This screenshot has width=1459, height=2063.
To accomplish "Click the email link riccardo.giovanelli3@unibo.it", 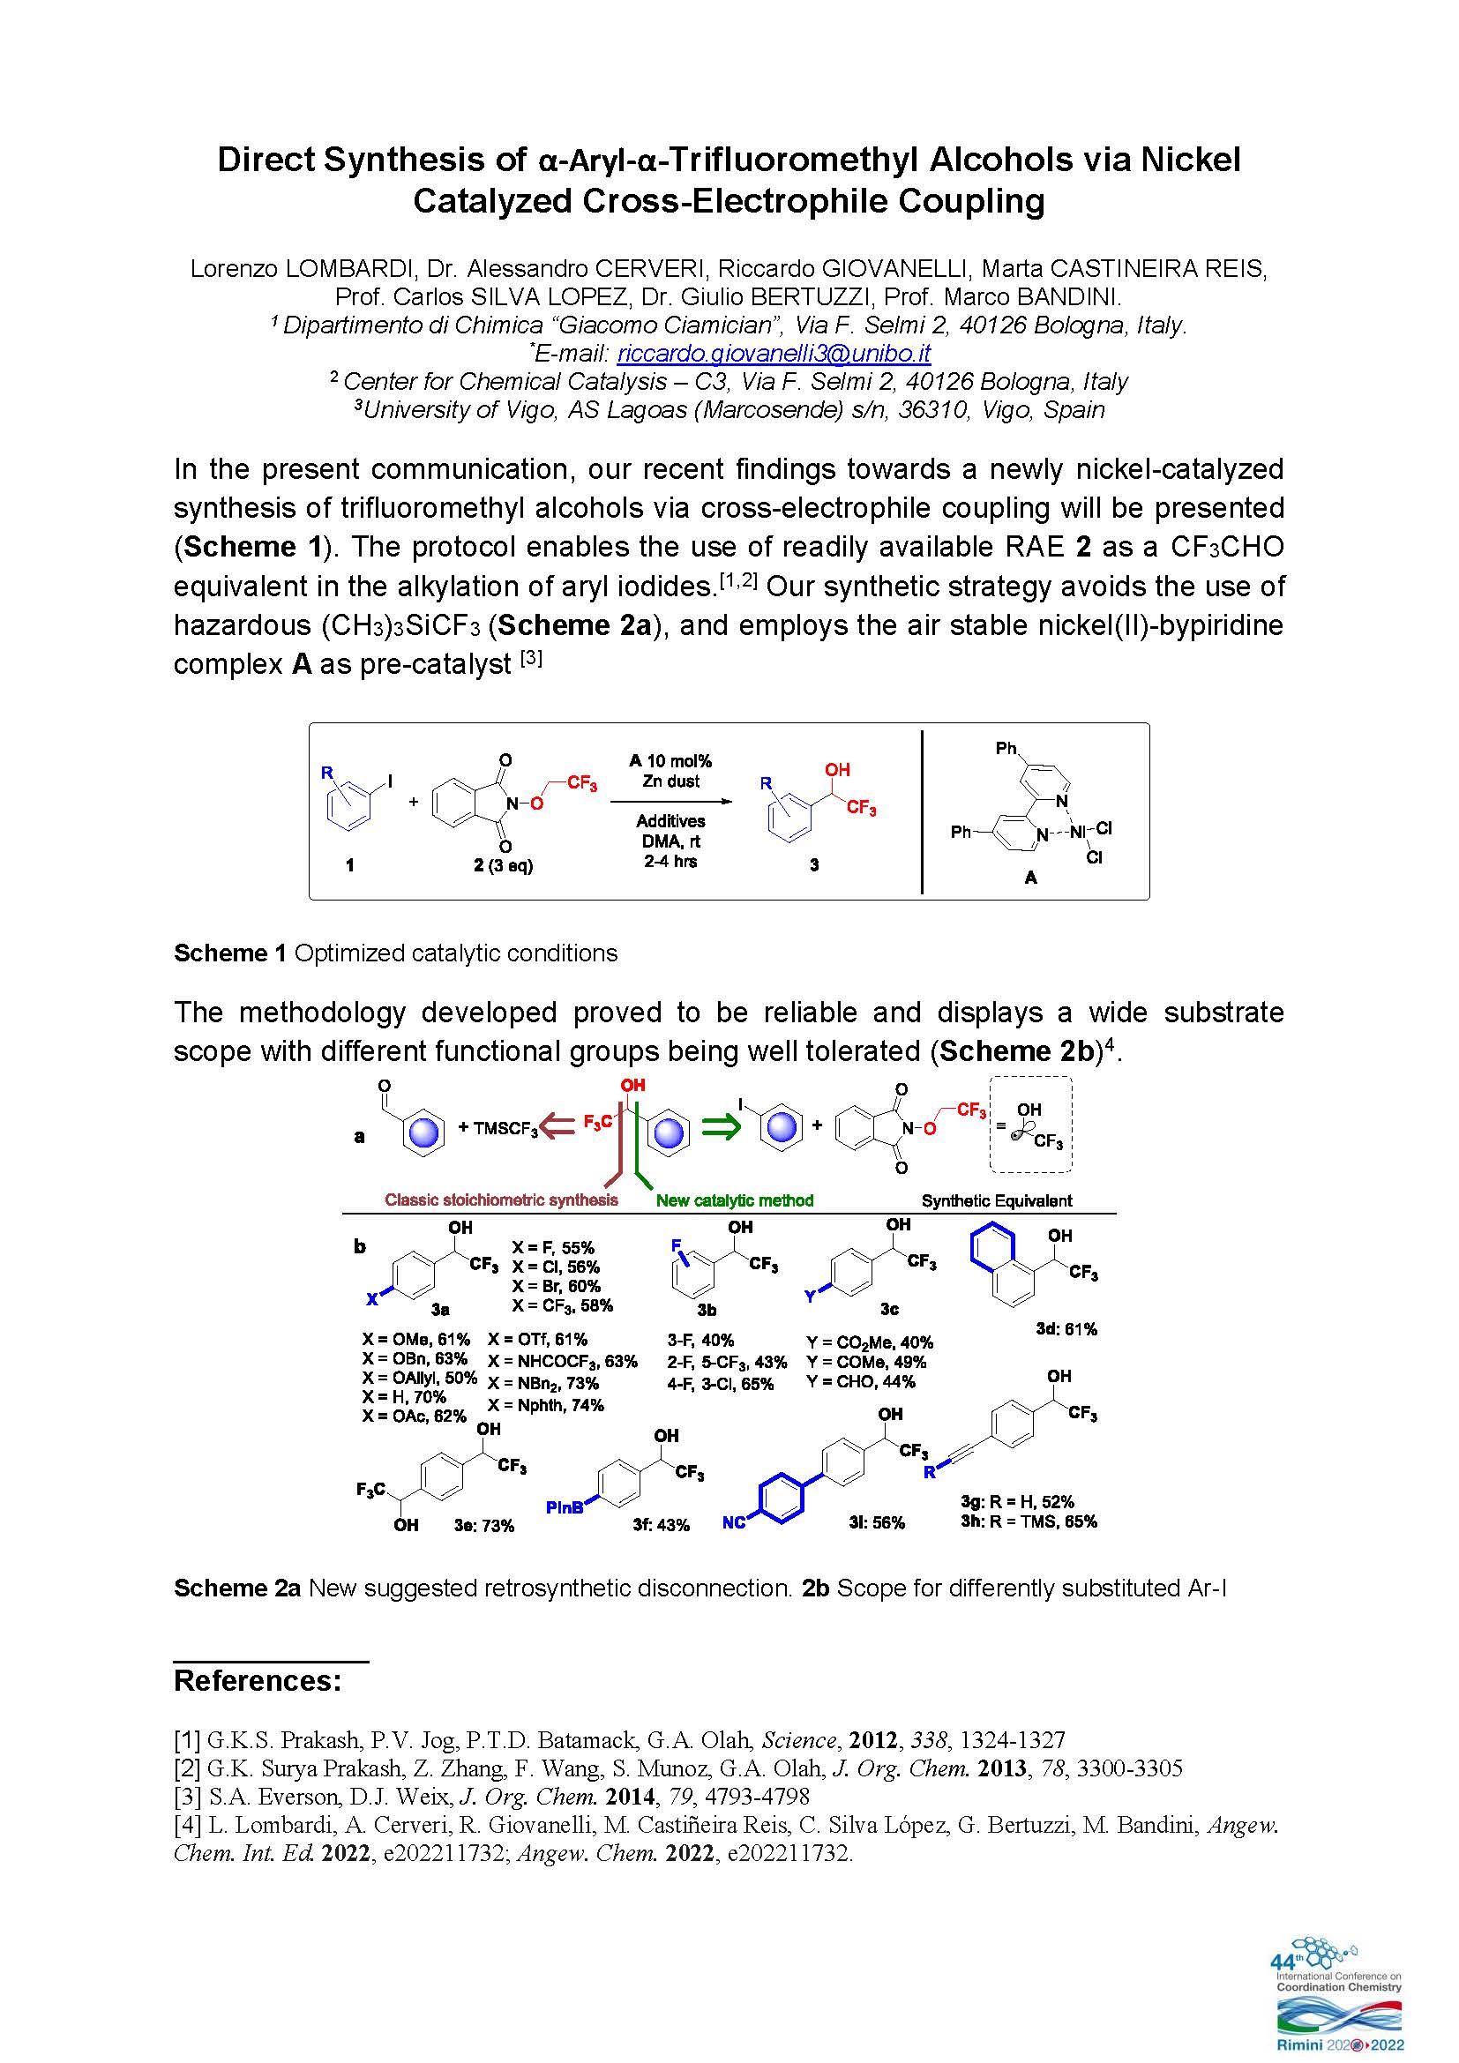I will (x=774, y=353).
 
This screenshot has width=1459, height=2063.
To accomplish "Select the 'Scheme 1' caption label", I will (x=230, y=953).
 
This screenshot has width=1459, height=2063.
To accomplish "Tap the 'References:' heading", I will (x=258, y=1680).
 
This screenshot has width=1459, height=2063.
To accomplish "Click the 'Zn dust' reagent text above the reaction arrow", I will (x=671, y=781).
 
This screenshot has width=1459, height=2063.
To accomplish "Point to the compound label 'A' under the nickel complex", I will (x=1030, y=878).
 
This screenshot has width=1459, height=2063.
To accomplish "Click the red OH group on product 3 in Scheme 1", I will (x=837, y=770).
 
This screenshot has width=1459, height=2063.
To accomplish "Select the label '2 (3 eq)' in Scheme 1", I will (x=503, y=865).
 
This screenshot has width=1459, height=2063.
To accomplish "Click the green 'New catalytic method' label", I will (x=734, y=1200).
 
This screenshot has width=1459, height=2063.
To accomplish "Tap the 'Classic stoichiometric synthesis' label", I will (x=501, y=1200).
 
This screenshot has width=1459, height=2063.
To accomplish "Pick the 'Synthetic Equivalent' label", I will (x=998, y=1200).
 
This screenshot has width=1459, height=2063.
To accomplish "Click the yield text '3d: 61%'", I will (x=1066, y=1329).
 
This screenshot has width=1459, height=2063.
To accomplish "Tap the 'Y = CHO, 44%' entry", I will (x=861, y=1381).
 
